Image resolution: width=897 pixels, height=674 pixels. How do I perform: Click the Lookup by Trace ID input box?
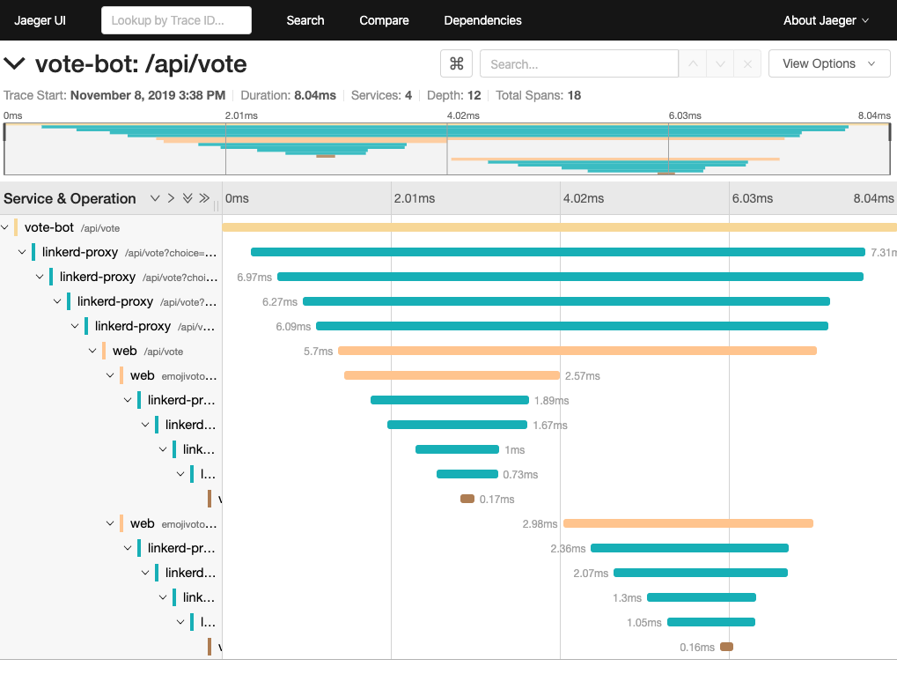point(176,20)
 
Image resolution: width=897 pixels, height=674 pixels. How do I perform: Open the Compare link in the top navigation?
point(384,20)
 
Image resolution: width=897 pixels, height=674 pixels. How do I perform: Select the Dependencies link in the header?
point(482,20)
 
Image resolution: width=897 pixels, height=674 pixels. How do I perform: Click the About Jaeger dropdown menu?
point(826,20)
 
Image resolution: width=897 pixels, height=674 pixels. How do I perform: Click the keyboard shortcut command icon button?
point(456,63)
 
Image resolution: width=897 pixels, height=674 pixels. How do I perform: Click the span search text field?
point(578,63)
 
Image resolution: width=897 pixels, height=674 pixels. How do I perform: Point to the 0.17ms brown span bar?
point(467,499)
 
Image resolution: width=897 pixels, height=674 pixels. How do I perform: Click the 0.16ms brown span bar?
point(726,647)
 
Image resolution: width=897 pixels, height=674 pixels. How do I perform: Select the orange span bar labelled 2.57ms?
point(452,375)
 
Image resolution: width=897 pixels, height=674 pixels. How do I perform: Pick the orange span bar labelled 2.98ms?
point(687,523)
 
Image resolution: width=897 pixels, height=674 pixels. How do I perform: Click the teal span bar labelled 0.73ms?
point(467,474)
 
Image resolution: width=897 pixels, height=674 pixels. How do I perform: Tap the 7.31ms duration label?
point(883,252)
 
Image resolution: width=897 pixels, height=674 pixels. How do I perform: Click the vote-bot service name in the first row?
point(49,227)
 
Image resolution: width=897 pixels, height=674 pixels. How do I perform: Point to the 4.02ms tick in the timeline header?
point(583,198)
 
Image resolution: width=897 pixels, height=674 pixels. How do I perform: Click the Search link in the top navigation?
point(305,20)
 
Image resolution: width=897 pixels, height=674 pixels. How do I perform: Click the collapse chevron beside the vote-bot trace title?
point(14,63)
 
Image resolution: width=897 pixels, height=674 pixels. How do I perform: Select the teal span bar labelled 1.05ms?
point(710,622)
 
